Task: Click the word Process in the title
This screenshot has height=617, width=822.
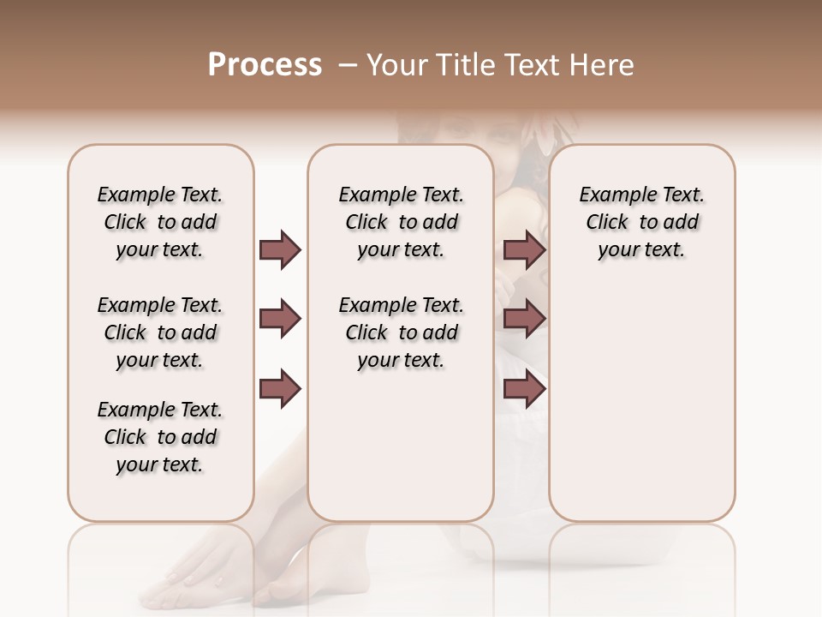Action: [x=265, y=65]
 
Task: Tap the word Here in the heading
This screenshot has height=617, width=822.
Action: [x=600, y=65]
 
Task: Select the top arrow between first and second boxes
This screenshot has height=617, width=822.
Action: [x=280, y=249]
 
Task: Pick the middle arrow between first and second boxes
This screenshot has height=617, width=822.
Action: [x=280, y=320]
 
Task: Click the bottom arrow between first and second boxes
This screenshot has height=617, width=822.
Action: [x=280, y=389]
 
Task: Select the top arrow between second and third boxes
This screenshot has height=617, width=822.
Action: [x=524, y=249]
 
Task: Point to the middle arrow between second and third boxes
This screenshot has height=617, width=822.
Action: [x=524, y=320]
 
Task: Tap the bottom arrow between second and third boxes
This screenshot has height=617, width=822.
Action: [x=524, y=389]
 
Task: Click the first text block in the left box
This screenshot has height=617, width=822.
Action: [x=160, y=222]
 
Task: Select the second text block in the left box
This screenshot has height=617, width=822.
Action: [x=160, y=332]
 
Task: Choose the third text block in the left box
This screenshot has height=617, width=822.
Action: [x=160, y=437]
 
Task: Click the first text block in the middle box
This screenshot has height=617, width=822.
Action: [x=402, y=222]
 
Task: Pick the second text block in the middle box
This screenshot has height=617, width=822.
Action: [x=402, y=332]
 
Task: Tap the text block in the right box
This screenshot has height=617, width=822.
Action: [x=642, y=222]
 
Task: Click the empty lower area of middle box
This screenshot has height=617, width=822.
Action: [x=402, y=446]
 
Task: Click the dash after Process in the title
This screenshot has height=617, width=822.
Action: [x=348, y=65]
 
